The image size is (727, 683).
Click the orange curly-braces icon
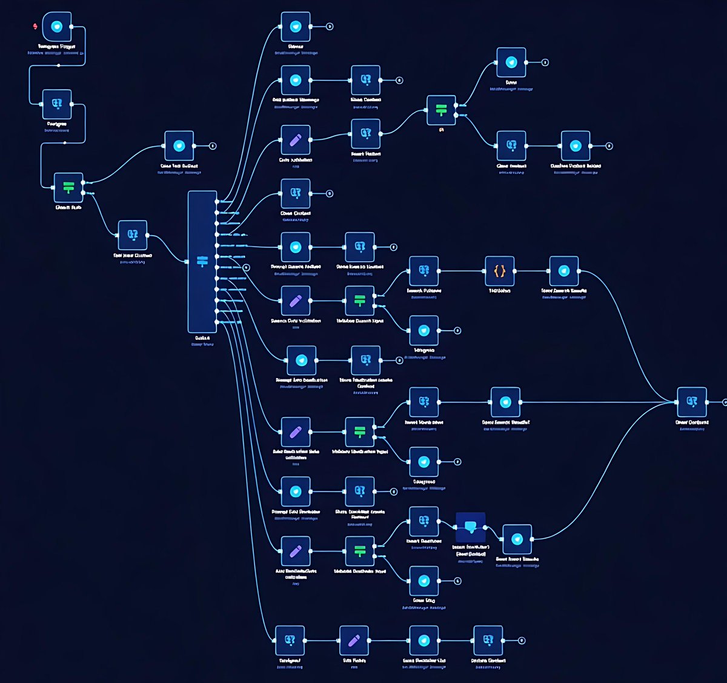pyautogui.click(x=499, y=271)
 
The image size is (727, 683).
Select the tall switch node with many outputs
pyautogui.click(x=202, y=262)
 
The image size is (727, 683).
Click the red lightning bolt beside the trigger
pyautogui.click(x=36, y=26)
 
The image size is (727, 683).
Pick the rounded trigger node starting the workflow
pyautogui.click(x=57, y=27)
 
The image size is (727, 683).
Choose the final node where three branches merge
pyautogui.click(x=692, y=402)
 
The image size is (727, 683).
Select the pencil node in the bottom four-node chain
pyautogui.click(x=354, y=641)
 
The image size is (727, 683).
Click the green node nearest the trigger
pyautogui.click(x=68, y=187)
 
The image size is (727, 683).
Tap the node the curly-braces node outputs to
pyautogui.click(x=563, y=271)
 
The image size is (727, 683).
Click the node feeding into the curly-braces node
pyautogui.click(x=423, y=271)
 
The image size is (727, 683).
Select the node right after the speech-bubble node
pyautogui.click(x=517, y=539)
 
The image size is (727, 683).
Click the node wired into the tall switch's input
pyautogui.click(x=132, y=235)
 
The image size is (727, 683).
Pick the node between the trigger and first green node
pyautogui.click(x=57, y=104)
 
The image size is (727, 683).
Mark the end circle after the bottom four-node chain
pyautogui.click(x=522, y=641)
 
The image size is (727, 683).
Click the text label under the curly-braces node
pyautogui.click(x=499, y=291)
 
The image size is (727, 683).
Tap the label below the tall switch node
pyautogui.click(x=202, y=338)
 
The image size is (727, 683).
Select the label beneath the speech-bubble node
pyautogui.click(x=471, y=550)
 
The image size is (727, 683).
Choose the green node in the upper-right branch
pyautogui.click(x=441, y=110)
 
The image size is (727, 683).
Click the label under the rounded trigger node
pyautogui.click(x=57, y=46)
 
